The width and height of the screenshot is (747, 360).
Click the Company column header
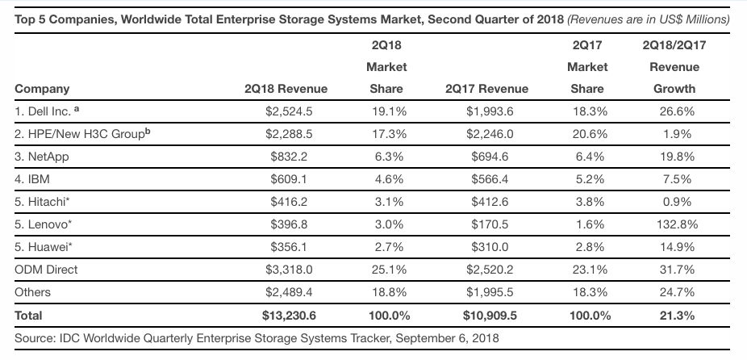pyautogui.click(x=42, y=90)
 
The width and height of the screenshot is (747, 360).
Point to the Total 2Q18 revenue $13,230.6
pyautogui.click(x=286, y=315)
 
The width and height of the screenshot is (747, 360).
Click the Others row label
pyautogui.click(x=32, y=292)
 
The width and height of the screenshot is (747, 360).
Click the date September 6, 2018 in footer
pyautogui.click(x=449, y=337)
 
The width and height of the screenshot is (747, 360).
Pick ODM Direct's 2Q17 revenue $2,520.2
pyautogui.click(x=486, y=270)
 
